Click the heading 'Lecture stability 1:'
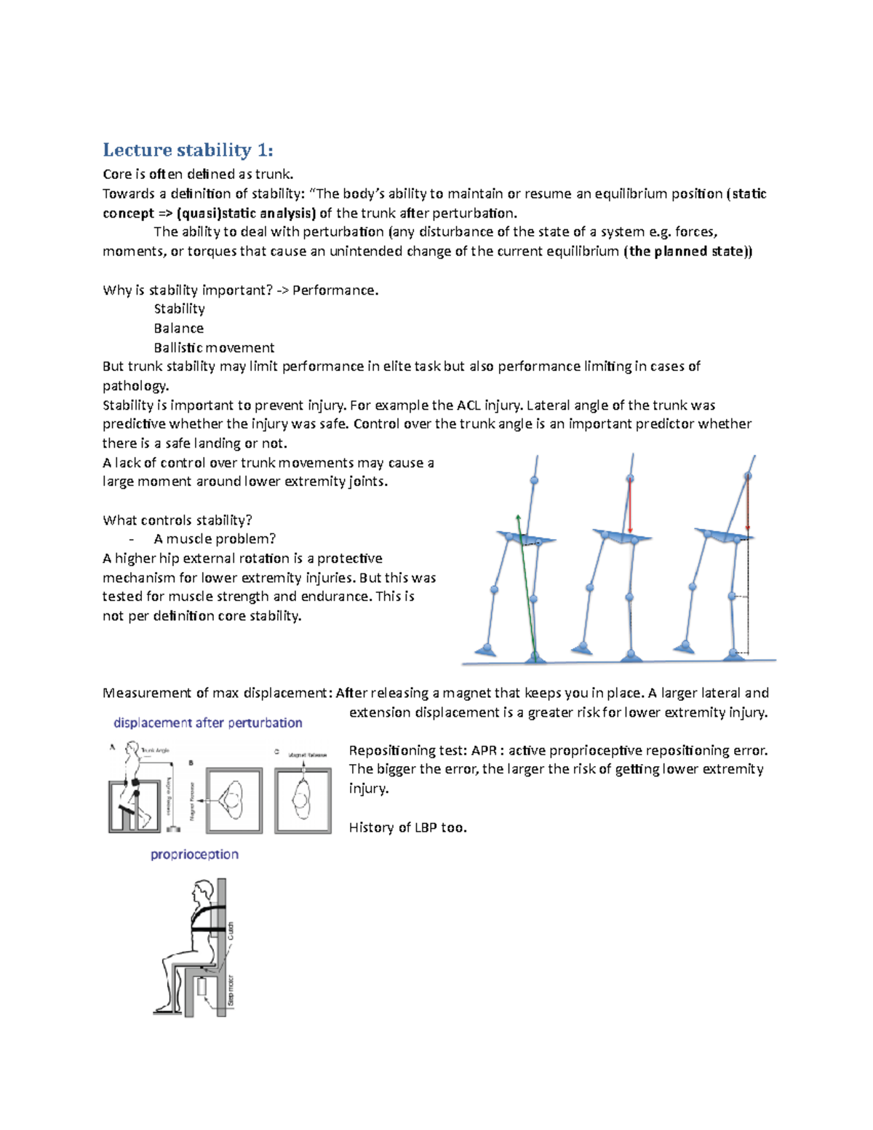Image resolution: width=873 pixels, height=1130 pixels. coord(188,150)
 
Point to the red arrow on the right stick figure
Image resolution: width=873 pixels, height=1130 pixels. coord(748,502)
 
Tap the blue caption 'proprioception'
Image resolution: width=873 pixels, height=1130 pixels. coord(194,854)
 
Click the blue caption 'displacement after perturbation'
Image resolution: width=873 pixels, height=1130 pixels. coord(207,723)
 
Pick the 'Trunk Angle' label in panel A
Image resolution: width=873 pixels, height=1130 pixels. coord(155,749)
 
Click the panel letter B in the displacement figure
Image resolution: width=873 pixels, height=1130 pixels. coord(191,763)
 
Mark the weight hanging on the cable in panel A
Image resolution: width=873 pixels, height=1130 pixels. coord(173,829)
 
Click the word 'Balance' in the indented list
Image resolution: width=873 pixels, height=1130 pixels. coord(178,328)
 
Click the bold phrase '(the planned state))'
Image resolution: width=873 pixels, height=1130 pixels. coord(687,251)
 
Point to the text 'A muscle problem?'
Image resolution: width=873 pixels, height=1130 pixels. coord(215,539)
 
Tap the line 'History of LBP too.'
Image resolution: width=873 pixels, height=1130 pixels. coord(407,827)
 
